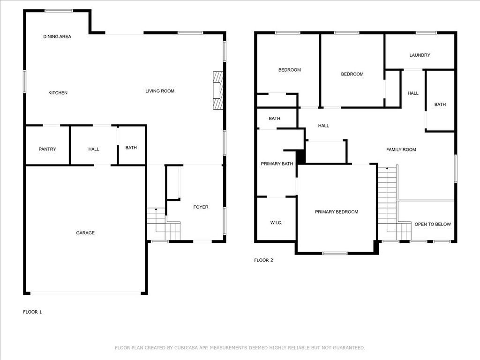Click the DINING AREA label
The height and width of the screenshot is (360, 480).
coord(57,37)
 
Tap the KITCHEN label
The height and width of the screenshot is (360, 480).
coord(58,93)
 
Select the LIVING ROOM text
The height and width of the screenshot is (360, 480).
coord(160,91)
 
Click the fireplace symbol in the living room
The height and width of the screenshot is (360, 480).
coord(218,90)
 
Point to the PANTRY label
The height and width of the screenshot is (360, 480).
coord(47,149)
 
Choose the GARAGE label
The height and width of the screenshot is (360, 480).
coord(85,233)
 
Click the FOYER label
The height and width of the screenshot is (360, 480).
coord(201,207)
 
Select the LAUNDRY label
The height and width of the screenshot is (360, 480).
coord(420,55)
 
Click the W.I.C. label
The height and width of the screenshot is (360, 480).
coord(276,223)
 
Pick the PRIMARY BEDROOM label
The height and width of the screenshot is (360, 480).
coord(337,212)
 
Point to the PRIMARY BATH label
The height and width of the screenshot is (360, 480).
coord(277,164)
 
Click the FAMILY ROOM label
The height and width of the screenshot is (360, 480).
coord(401,150)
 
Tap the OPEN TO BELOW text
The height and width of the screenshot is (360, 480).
coord(433,224)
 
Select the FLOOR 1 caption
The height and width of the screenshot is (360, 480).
coord(32,312)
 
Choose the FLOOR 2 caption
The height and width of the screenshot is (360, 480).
coord(263,260)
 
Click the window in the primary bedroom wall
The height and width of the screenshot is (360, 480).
coord(335,253)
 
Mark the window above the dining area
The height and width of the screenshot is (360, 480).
coord(59,11)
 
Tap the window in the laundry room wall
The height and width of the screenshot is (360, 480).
coord(427,33)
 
